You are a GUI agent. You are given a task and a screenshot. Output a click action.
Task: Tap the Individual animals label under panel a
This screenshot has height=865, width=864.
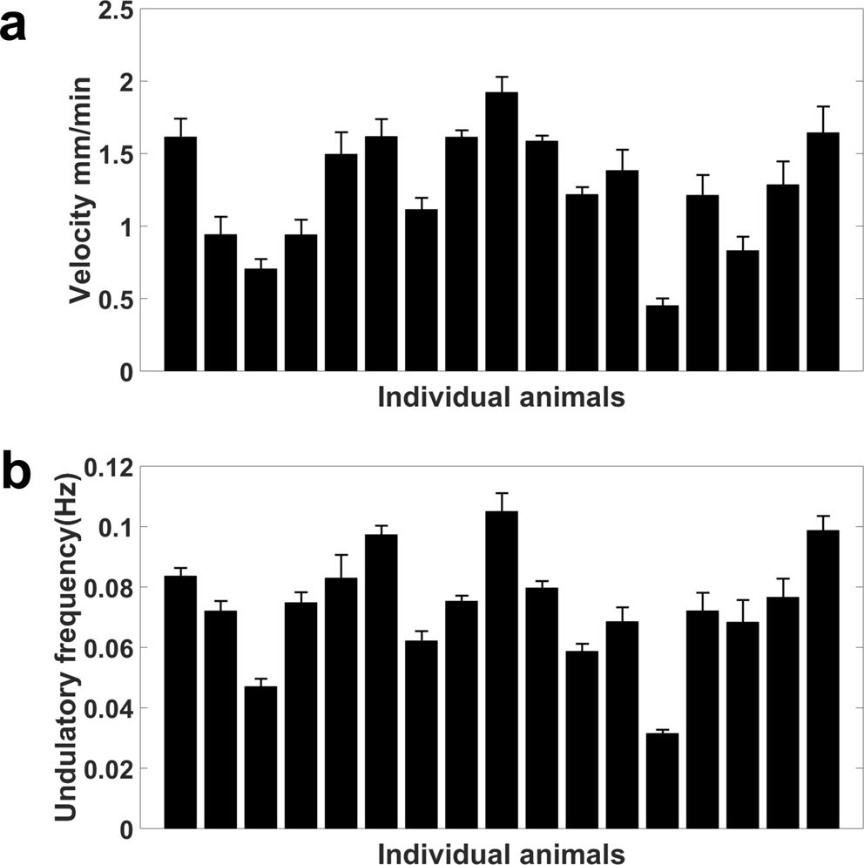[502, 398]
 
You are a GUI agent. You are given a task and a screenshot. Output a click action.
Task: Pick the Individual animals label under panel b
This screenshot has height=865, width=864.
[502, 851]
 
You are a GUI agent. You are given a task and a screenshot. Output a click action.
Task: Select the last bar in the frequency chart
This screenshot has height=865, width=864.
[823, 679]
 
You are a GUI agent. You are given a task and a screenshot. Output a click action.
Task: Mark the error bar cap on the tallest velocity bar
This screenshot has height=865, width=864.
[502, 77]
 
